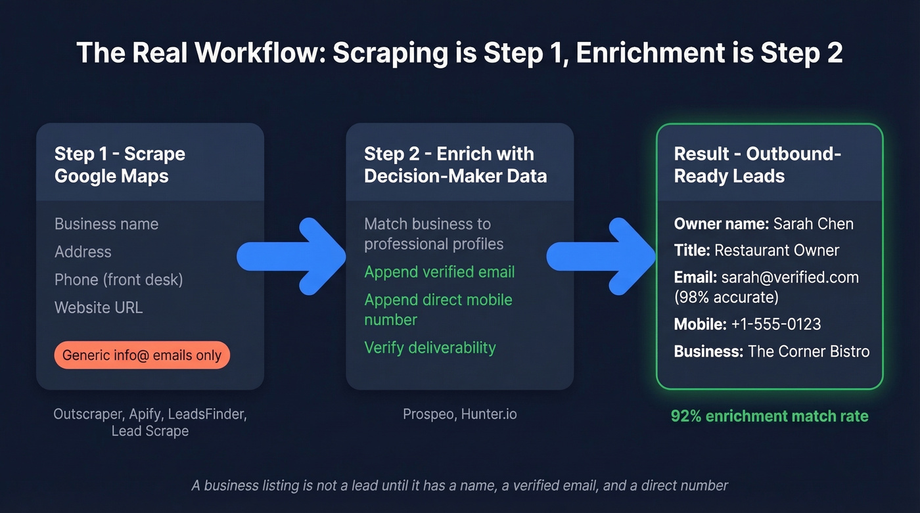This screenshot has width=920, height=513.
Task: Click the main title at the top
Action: point(459,53)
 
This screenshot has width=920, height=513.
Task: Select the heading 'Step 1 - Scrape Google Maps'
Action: point(120,165)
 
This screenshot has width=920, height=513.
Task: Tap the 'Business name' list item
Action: point(106,224)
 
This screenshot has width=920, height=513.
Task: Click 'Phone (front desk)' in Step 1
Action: point(118,280)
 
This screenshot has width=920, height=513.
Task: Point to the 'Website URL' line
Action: point(99,307)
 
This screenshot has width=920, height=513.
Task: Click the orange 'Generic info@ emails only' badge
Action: point(142,355)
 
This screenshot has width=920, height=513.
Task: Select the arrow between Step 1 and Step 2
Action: point(292,256)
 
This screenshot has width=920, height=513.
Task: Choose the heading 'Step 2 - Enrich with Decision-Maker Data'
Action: point(455,165)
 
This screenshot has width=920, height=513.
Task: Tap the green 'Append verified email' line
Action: point(439,272)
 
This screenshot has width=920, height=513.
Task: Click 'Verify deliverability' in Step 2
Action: point(430,347)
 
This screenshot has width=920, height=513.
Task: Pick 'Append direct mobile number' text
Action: point(438,309)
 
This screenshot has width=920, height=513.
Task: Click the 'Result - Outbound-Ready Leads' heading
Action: point(757,165)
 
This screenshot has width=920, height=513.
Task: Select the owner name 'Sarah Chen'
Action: point(813,224)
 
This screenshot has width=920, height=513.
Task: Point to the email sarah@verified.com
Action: point(789,277)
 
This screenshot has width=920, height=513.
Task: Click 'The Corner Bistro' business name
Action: point(808,351)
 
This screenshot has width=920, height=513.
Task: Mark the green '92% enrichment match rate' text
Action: point(770,416)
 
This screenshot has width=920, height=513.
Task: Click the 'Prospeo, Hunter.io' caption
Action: point(459,414)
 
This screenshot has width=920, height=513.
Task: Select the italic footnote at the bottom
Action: point(459,486)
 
